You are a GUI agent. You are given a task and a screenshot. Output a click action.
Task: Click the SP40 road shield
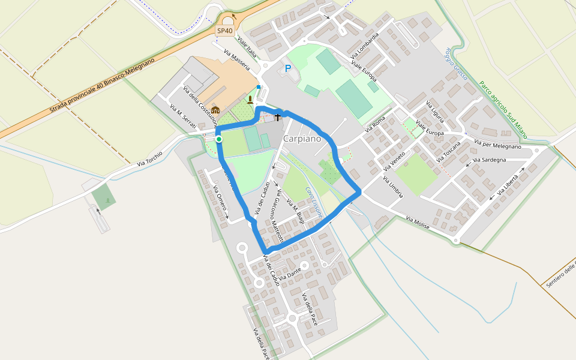pos(225,30)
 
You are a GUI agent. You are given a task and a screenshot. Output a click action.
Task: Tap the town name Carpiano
pos(302,139)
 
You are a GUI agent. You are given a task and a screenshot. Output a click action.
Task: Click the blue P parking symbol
pos(288,69)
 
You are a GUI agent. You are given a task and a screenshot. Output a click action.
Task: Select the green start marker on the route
pos(219,139)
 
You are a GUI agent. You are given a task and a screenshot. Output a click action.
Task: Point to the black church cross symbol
pos(278,116)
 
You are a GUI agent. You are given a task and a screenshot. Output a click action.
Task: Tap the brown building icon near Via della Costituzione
pos(215,110)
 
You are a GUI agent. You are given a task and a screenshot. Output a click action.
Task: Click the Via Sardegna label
pos(490,160)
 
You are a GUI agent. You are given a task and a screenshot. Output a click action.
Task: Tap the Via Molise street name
pos(418,222)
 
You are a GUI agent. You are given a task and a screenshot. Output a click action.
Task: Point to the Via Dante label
pos(289,274)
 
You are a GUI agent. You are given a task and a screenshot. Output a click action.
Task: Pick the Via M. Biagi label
pos(295,212)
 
